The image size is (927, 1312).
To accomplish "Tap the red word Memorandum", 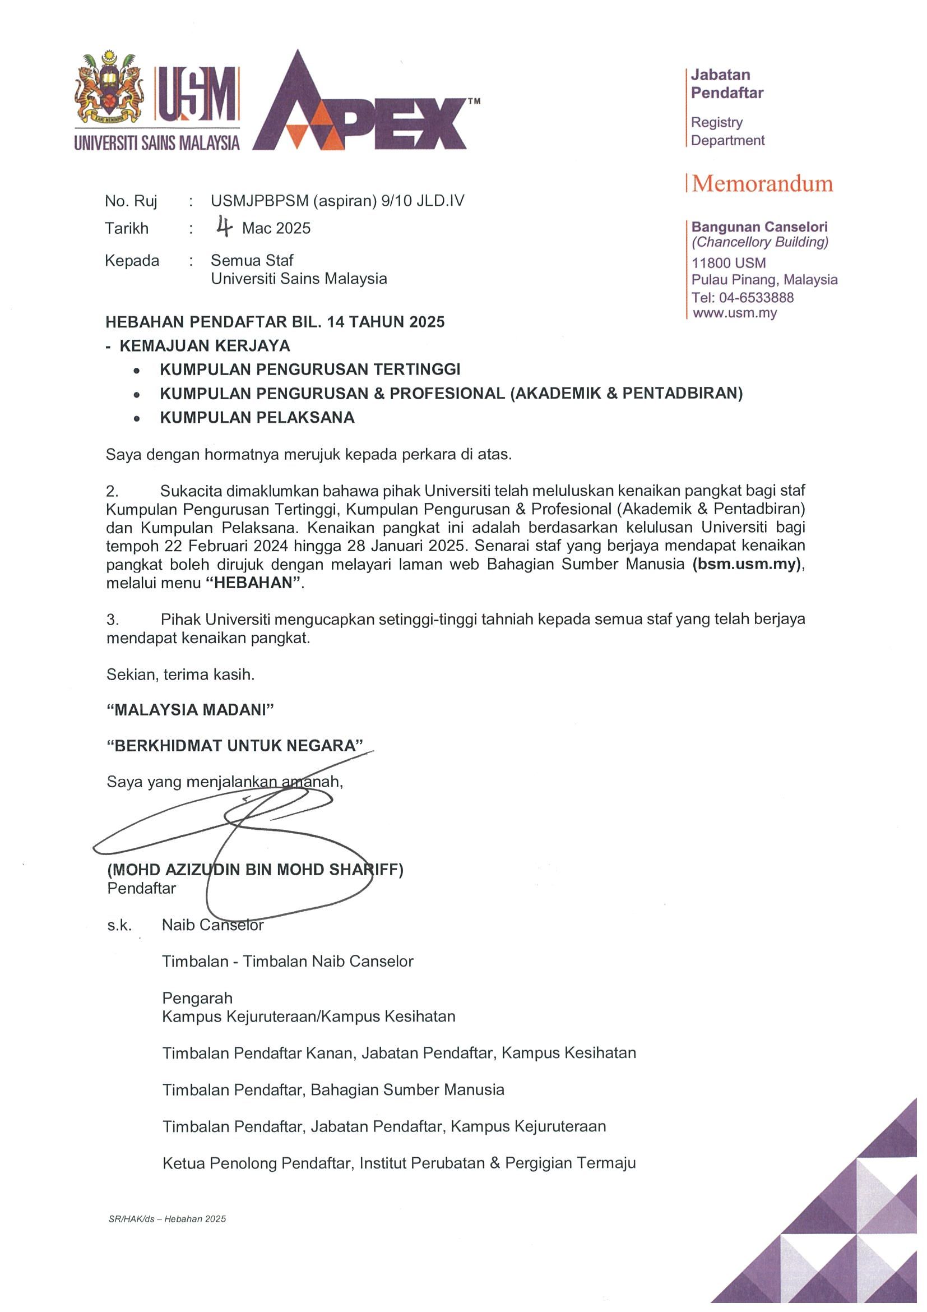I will (762, 184).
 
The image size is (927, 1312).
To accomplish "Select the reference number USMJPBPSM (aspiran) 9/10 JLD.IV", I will (337, 201).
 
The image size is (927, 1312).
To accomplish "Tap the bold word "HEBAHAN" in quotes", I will (252, 583).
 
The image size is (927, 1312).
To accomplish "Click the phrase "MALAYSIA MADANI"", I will (190, 710).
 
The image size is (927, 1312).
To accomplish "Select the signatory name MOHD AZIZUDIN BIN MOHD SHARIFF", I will (255, 869).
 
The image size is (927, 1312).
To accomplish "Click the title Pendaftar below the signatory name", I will (141, 888).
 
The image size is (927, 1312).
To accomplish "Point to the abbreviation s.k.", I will (119, 925).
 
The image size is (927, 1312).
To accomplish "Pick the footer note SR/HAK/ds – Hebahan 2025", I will (167, 1219).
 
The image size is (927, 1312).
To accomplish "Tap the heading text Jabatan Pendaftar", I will (726, 84).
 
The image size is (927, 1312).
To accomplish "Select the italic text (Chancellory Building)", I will (759, 242).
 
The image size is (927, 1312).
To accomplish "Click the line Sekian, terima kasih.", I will (180, 675).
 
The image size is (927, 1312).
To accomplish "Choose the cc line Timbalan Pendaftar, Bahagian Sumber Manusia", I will (333, 1090).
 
